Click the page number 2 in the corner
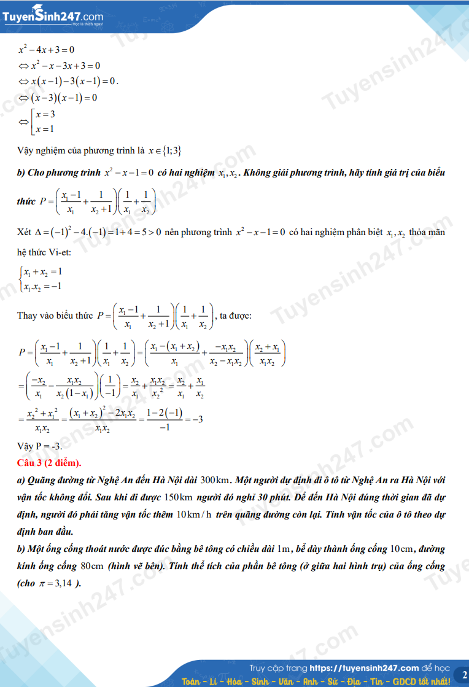tap(462, 675)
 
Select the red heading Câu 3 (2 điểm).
tap(50, 462)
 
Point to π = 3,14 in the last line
tap(60, 583)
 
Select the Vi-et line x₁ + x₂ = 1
tap(43, 271)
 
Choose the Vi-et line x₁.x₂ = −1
tap(42, 286)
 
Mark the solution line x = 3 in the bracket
tap(45, 114)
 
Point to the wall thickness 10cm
tap(402, 548)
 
